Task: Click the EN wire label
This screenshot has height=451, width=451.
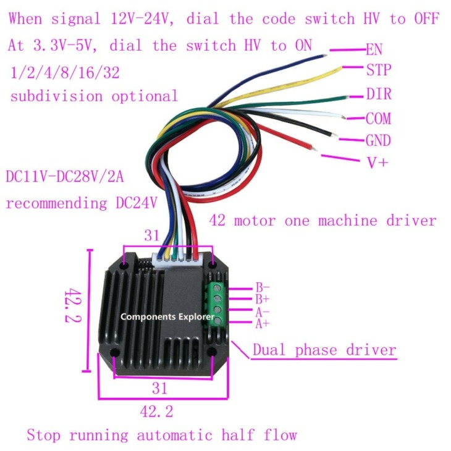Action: click(374, 49)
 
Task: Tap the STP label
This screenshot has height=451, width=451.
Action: click(379, 70)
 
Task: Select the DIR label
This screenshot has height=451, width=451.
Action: click(379, 94)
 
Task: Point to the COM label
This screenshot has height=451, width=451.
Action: click(378, 119)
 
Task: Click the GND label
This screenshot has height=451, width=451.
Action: click(378, 141)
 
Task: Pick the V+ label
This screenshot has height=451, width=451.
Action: click(377, 162)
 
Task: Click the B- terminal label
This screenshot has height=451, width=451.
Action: click(263, 287)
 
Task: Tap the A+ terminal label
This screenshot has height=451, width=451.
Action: click(263, 324)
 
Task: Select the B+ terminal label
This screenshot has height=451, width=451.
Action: click(263, 299)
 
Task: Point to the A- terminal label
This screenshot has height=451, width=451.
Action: click(263, 312)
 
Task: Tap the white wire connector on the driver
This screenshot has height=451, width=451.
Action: click(177, 259)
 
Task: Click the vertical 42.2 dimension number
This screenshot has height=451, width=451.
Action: click(73, 305)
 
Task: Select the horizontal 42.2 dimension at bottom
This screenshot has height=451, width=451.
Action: click(157, 411)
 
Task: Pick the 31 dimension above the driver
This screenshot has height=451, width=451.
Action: click(152, 235)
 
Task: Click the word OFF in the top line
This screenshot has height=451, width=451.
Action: click(426, 19)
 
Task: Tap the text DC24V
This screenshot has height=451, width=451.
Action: click(137, 203)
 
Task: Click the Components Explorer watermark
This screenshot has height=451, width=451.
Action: click(167, 317)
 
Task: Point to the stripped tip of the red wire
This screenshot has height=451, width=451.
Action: click(314, 148)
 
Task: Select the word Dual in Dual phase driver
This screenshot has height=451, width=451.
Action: click(269, 350)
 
